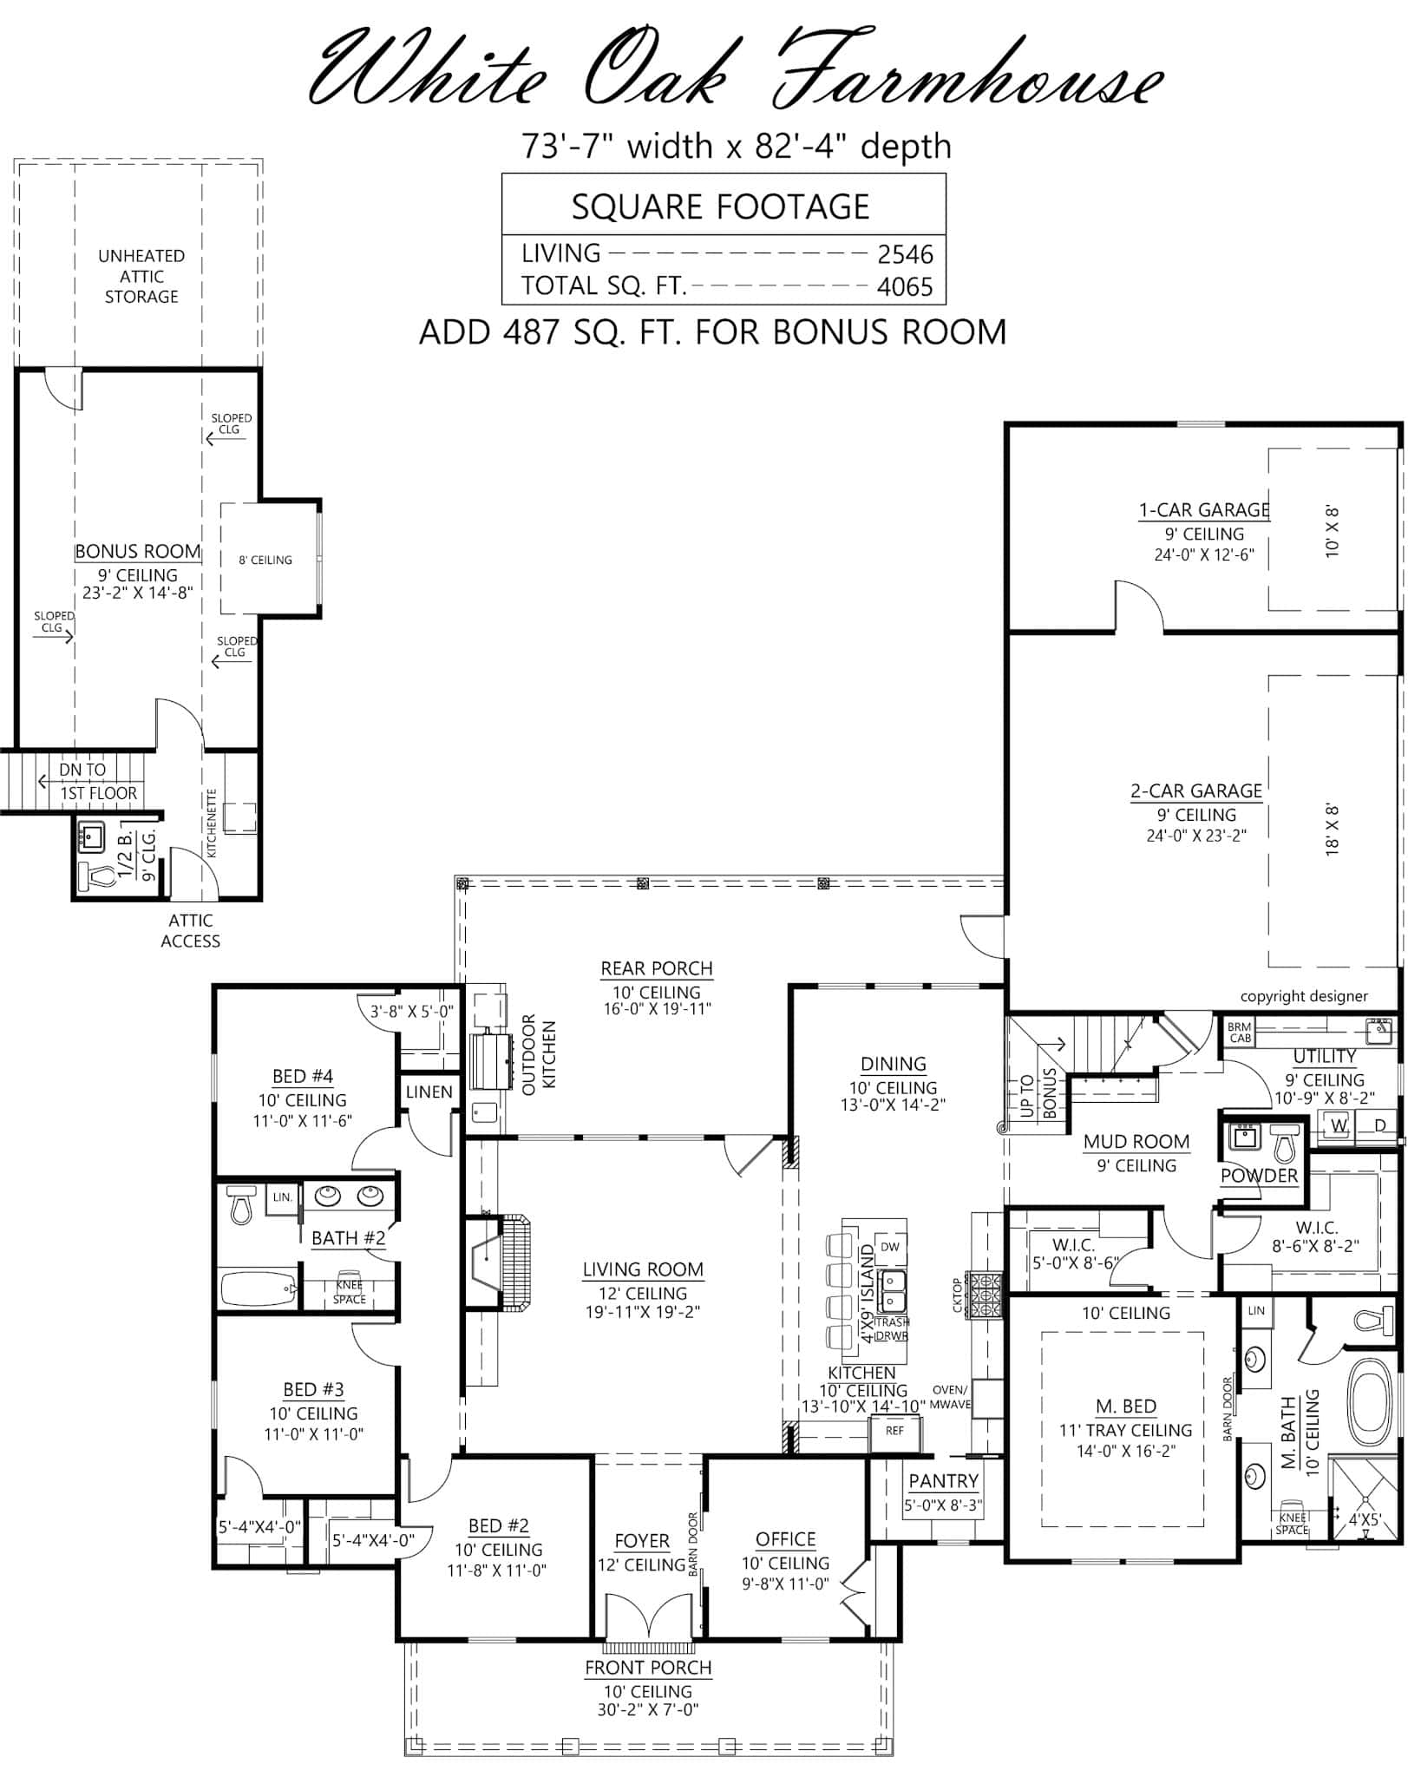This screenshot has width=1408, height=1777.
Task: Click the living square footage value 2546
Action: [905, 254]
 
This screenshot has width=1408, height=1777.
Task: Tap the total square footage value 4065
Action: [905, 287]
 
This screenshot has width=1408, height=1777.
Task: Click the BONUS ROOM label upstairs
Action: [137, 552]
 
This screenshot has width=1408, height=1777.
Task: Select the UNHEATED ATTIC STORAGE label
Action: [141, 276]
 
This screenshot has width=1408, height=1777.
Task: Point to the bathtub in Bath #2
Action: [259, 1288]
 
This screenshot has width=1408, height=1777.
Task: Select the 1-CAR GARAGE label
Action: [1204, 510]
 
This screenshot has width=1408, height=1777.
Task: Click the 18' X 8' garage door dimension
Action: [1333, 830]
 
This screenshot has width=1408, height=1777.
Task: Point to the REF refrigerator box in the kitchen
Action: [894, 1431]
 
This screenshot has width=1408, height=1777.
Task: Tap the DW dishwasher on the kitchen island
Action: [889, 1247]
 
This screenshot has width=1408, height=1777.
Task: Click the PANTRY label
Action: [943, 1481]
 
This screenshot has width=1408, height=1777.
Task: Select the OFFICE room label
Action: [785, 1539]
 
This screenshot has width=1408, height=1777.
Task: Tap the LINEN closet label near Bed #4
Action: [429, 1092]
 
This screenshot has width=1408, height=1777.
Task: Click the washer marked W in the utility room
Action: [1339, 1125]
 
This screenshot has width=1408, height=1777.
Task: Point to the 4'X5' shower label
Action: [1364, 1519]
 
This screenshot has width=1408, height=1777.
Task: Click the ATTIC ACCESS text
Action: [191, 930]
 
